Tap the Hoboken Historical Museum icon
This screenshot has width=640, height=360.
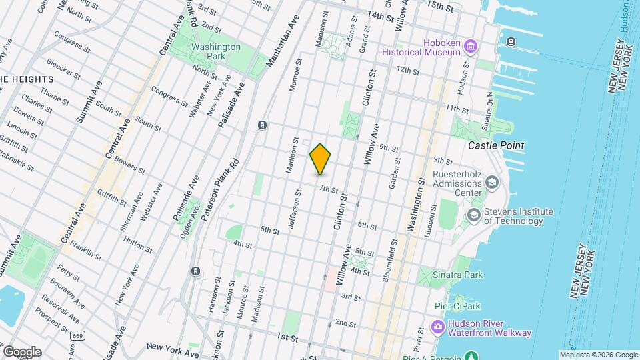pos(471,46)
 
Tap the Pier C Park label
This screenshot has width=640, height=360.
pos(473,306)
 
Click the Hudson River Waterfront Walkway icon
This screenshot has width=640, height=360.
pos(437,327)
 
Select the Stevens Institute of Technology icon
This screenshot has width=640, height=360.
pos(473,215)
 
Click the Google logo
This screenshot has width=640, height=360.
pos(21,352)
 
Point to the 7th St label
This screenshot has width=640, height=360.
pos(329,189)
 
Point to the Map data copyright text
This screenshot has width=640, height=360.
pos(598,355)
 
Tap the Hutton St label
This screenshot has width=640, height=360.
pos(139,244)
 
